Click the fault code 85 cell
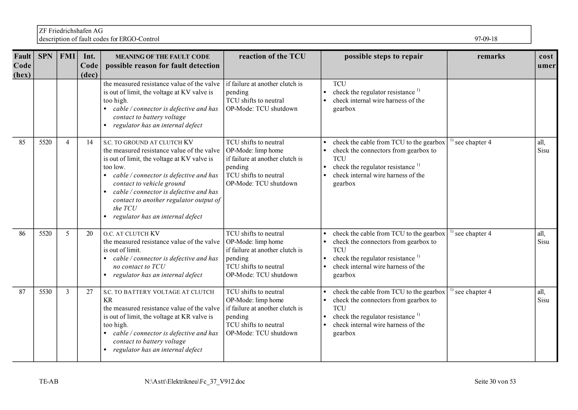pyautogui.click(x=22, y=142)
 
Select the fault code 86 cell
pyautogui.click(x=22, y=234)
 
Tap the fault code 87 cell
pyautogui.click(x=22, y=292)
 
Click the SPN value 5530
pyautogui.click(x=45, y=292)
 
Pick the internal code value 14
pyautogui.click(x=89, y=142)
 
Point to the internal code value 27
pyautogui.click(x=89, y=292)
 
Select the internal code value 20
pyautogui.click(x=89, y=234)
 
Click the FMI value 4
pyautogui.click(x=67, y=142)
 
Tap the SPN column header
pyautogui.click(x=45, y=56)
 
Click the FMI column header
pyautogui.click(x=67, y=56)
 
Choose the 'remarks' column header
pyautogui.click(x=491, y=56)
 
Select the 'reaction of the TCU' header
pyautogui.click(x=272, y=56)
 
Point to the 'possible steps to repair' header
pyautogui.click(x=384, y=56)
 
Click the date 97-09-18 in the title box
pyautogui.click(x=486, y=39)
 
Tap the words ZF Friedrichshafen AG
pyautogui.click(x=71, y=31)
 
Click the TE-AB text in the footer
pyautogui.click(x=49, y=382)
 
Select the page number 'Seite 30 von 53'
pyautogui.click(x=495, y=382)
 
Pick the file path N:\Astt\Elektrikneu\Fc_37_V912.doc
pyautogui.click(x=195, y=382)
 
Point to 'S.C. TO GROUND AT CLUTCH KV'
pyautogui.click(x=148, y=143)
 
